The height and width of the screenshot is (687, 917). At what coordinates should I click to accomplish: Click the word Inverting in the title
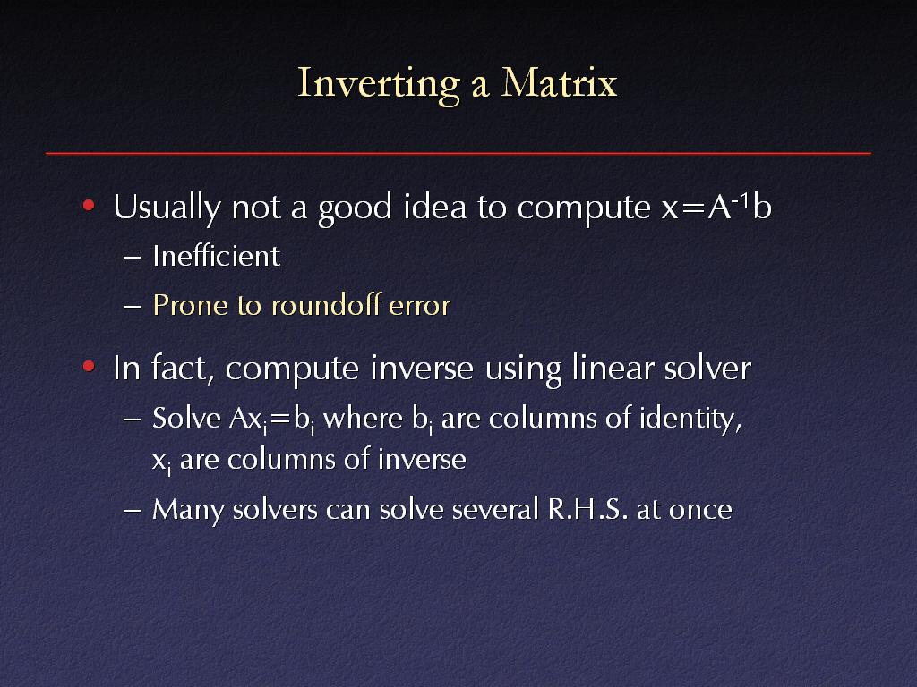pyautogui.click(x=379, y=83)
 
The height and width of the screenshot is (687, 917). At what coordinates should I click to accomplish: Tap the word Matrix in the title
pyautogui.click(x=559, y=81)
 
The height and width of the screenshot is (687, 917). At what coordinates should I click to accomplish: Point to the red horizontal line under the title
pyautogui.click(x=458, y=153)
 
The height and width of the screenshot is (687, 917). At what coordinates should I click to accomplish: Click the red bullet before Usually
pyautogui.click(x=89, y=205)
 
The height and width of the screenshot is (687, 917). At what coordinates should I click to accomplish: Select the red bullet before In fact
pyautogui.click(x=89, y=366)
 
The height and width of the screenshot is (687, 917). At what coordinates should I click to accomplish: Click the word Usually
pyautogui.click(x=167, y=208)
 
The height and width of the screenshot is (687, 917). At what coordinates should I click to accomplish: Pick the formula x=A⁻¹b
pyautogui.click(x=717, y=207)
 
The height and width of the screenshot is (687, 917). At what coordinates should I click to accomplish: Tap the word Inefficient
pyautogui.click(x=217, y=256)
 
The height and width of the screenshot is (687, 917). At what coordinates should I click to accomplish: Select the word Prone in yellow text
pyautogui.click(x=190, y=305)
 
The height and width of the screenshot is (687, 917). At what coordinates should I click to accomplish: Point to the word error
pyautogui.click(x=419, y=306)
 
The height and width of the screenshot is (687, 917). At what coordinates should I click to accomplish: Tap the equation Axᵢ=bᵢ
pyautogui.click(x=272, y=419)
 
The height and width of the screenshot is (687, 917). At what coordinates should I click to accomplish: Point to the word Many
pyautogui.click(x=188, y=510)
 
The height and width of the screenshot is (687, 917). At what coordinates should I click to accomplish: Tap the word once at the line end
pyautogui.click(x=700, y=510)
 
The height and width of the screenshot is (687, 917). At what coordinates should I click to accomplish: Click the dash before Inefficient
pyautogui.click(x=133, y=257)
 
